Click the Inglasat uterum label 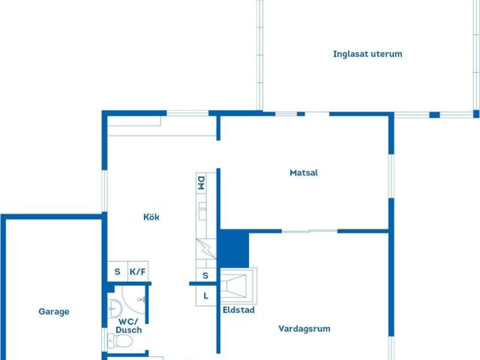coord(367,54)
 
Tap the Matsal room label coord(304,172)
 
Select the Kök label coord(151,217)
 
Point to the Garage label coord(54,312)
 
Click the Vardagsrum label coord(304,328)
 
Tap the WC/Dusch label coord(129,325)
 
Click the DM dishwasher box coord(201,183)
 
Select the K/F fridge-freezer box coord(138,272)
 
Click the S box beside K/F coord(117,272)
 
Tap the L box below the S coord(205,295)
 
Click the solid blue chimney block coord(233,247)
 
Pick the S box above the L coord(205,276)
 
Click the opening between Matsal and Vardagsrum coord(309,231)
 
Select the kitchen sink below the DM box coord(201,211)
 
